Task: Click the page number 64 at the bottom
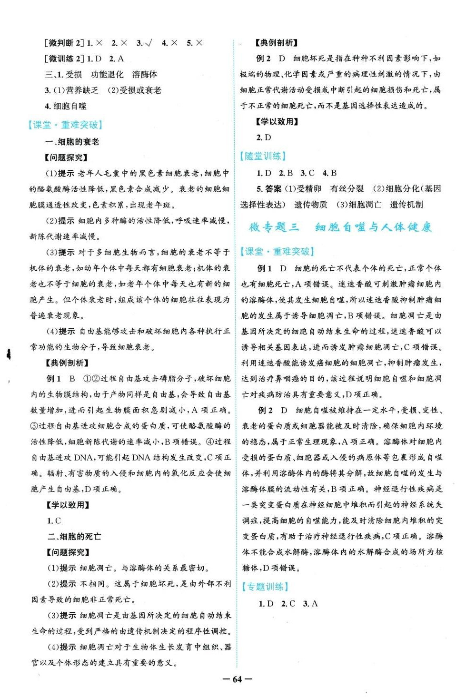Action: click(237, 679)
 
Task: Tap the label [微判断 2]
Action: click(64, 43)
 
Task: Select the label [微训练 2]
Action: click(64, 59)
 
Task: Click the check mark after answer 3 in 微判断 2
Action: click(149, 43)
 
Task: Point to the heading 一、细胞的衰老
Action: click(72, 142)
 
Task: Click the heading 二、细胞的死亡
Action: click(74, 537)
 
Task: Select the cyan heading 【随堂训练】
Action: click(263, 156)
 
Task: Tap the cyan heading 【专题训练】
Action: click(265, 587)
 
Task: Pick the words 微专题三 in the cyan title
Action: click(275, 227)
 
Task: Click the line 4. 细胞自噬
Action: click(66, 106)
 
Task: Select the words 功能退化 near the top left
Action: click(107, 74)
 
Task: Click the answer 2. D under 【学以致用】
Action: click(264, 137)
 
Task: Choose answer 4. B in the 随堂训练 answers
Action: click(329, 173)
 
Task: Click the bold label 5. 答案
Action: click(269, 189)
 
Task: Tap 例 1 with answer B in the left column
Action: click(60, 379)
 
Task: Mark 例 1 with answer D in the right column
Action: click(272, 268)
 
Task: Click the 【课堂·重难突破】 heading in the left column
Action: click(66, 125)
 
